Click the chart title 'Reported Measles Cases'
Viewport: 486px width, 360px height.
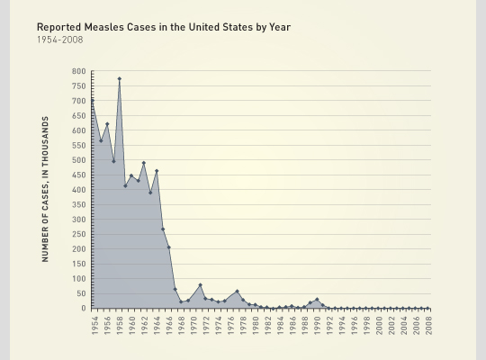[x=163, y=27]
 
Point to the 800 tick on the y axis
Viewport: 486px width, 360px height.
[x=79, y=71]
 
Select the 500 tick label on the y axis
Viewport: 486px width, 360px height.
[x=79, y=160]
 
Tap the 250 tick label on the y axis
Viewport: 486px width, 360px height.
[x=79, y=234]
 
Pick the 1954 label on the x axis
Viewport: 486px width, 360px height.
[x=94, y=324]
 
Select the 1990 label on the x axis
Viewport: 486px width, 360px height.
[x=317, y=324]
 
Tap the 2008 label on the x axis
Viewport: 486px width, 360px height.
[x=428, y=324]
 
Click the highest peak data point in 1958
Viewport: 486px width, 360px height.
[x=119, y=78]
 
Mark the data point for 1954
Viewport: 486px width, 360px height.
[x=94, y=100]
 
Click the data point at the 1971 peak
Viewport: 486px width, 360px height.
[x=200, y=285]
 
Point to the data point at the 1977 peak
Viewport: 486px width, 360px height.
[x=237, y=292]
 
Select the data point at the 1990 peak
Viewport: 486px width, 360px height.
[x=317, y=300]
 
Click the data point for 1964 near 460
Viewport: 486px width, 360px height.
[x=157, y=171]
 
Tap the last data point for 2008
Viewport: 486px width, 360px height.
[x=428, y=308]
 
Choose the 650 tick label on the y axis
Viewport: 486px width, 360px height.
[x=79, y=115]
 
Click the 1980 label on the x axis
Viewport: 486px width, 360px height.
[x=255, y=324]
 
